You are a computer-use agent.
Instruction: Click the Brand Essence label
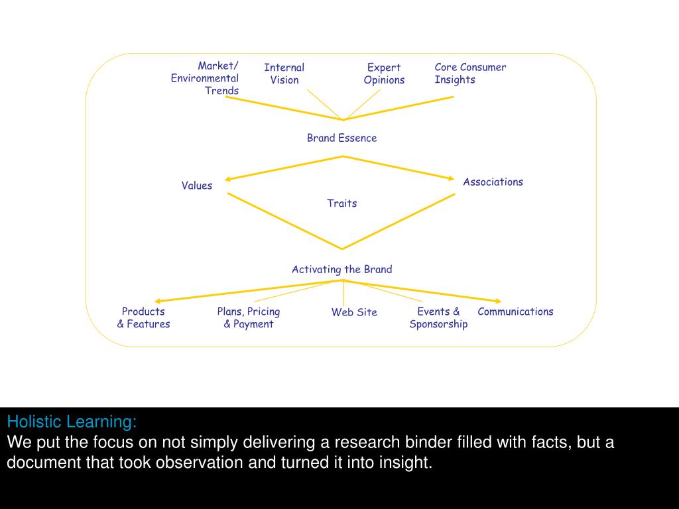341,138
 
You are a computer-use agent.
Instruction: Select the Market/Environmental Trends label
205,78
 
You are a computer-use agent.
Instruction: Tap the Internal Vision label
284,74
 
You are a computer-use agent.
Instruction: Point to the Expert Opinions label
384,74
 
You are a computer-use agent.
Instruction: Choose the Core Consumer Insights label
469,74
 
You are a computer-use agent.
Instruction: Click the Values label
197,186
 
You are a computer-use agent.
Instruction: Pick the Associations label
493,182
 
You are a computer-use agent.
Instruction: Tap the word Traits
341,203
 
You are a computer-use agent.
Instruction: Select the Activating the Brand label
341,269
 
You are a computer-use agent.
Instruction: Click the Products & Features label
143,317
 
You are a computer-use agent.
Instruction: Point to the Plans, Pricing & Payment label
249,317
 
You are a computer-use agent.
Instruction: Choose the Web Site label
354,312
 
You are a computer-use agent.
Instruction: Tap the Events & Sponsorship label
438,317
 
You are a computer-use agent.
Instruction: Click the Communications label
515,311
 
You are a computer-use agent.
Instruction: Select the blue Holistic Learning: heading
72,422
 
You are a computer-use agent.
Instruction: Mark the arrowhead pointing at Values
228,178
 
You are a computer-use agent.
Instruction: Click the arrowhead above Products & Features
158,301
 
